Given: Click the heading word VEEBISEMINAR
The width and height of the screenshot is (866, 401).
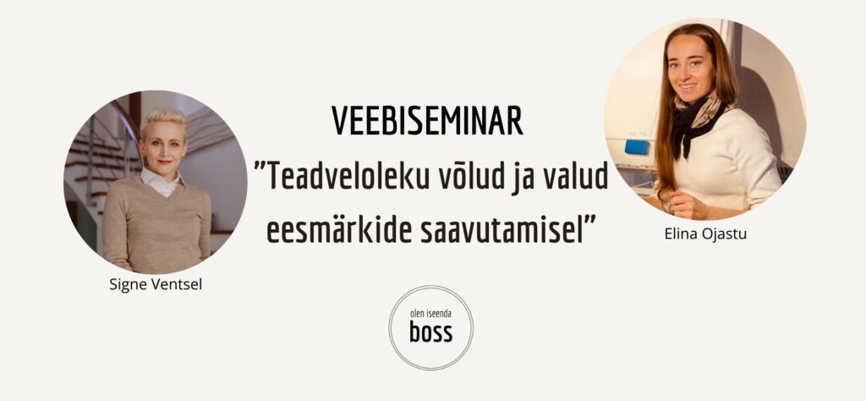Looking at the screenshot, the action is pyautogui.click(x=427, y=122).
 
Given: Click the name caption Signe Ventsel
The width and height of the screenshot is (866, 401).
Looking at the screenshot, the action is pyautogui.click(x=156, y=285).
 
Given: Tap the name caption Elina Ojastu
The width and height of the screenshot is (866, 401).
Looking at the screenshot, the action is pyautogui.click(x=706, y=234).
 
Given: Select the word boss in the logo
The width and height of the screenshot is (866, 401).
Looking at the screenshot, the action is pyautogui.click(x=430, y=332).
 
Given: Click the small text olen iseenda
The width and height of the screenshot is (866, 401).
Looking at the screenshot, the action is pyautogui.click(x=430, y=315).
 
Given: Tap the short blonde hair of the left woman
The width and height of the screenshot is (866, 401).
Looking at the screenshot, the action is pyautogui.click(x=163, y=122).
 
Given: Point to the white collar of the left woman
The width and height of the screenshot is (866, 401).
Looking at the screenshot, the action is pyautogui.click(x=162, y=182).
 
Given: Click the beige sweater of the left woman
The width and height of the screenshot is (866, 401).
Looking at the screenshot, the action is pyautogui.click(x=156, y=221).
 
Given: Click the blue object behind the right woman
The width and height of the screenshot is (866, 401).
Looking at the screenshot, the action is pyautogui.click(x=637, y=147).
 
